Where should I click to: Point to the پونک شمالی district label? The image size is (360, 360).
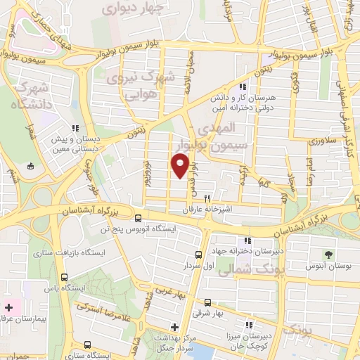point(245,269)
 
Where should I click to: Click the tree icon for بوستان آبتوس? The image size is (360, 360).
point(328,252)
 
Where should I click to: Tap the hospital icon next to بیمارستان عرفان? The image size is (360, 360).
point(8,307)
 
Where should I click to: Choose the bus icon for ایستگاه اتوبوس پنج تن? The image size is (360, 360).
point(139,218)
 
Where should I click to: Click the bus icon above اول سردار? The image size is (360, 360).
point(199,255)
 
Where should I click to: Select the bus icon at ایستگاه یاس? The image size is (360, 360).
point(65,277)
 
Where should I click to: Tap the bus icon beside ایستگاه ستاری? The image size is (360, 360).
point(87,345)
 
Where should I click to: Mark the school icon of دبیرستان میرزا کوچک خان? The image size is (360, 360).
point(247,325)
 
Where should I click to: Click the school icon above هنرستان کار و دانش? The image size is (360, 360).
point(243,86)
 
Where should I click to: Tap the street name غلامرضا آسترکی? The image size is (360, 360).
point(100,304)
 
